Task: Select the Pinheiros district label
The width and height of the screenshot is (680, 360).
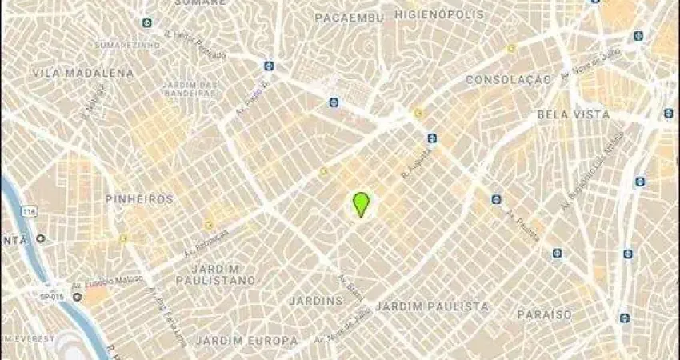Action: [139, 198]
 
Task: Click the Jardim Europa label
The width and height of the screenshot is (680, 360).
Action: [241, 341]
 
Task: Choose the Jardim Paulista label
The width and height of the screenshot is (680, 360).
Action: [431, 306]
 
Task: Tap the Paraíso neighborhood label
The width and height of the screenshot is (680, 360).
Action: [544, 314]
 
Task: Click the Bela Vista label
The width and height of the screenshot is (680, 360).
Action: [573, 114]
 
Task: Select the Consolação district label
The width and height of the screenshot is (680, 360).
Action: [508, 79]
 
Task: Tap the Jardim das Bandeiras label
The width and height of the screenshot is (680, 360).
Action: [190, 89]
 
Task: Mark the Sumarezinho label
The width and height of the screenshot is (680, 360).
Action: [118, 45]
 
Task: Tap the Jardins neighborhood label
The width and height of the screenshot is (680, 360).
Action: [316, 301]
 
